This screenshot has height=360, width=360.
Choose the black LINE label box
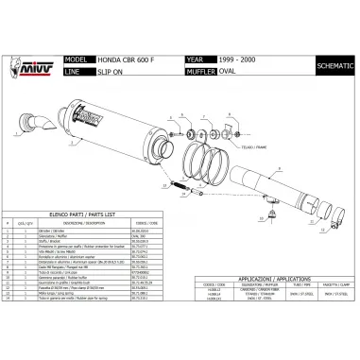pyautogui.click(x=75, y=69)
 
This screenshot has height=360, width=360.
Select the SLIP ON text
pyautogui.click(x=111, y=69)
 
